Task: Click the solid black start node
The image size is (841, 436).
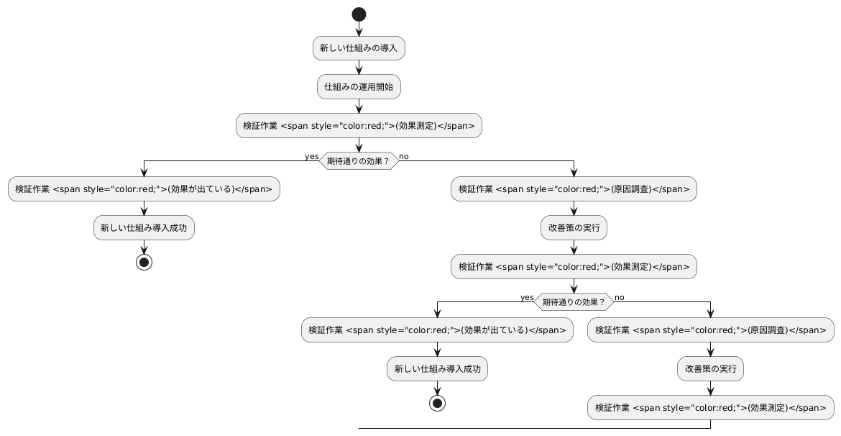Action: [359, 14]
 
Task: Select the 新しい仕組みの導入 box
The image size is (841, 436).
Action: [359, 48]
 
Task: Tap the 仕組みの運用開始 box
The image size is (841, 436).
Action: [359, 87]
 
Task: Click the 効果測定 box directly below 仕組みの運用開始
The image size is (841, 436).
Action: [359, 126]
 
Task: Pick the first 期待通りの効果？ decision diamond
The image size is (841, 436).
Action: [359, 161]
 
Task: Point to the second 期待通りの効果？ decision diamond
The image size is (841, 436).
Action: [574, 301]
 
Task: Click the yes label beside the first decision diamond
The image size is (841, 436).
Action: [311, 156]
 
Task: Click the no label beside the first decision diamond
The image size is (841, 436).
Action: [404, 156]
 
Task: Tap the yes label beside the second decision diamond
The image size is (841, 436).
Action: [527, 297]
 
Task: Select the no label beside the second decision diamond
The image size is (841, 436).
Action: [620, 297]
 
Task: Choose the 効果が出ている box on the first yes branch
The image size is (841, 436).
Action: [144, 189]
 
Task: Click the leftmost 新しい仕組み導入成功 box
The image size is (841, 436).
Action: [144, 228]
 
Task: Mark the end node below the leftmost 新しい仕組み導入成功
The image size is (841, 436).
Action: [144, 262]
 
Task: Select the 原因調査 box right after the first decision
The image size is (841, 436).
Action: [574, 189]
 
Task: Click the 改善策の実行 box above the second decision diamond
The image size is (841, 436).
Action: [574, 228]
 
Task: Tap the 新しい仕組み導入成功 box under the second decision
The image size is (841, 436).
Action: [437, 368]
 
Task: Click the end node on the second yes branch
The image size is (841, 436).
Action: [437, 402]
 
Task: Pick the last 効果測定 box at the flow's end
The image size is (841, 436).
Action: [710, 407]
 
